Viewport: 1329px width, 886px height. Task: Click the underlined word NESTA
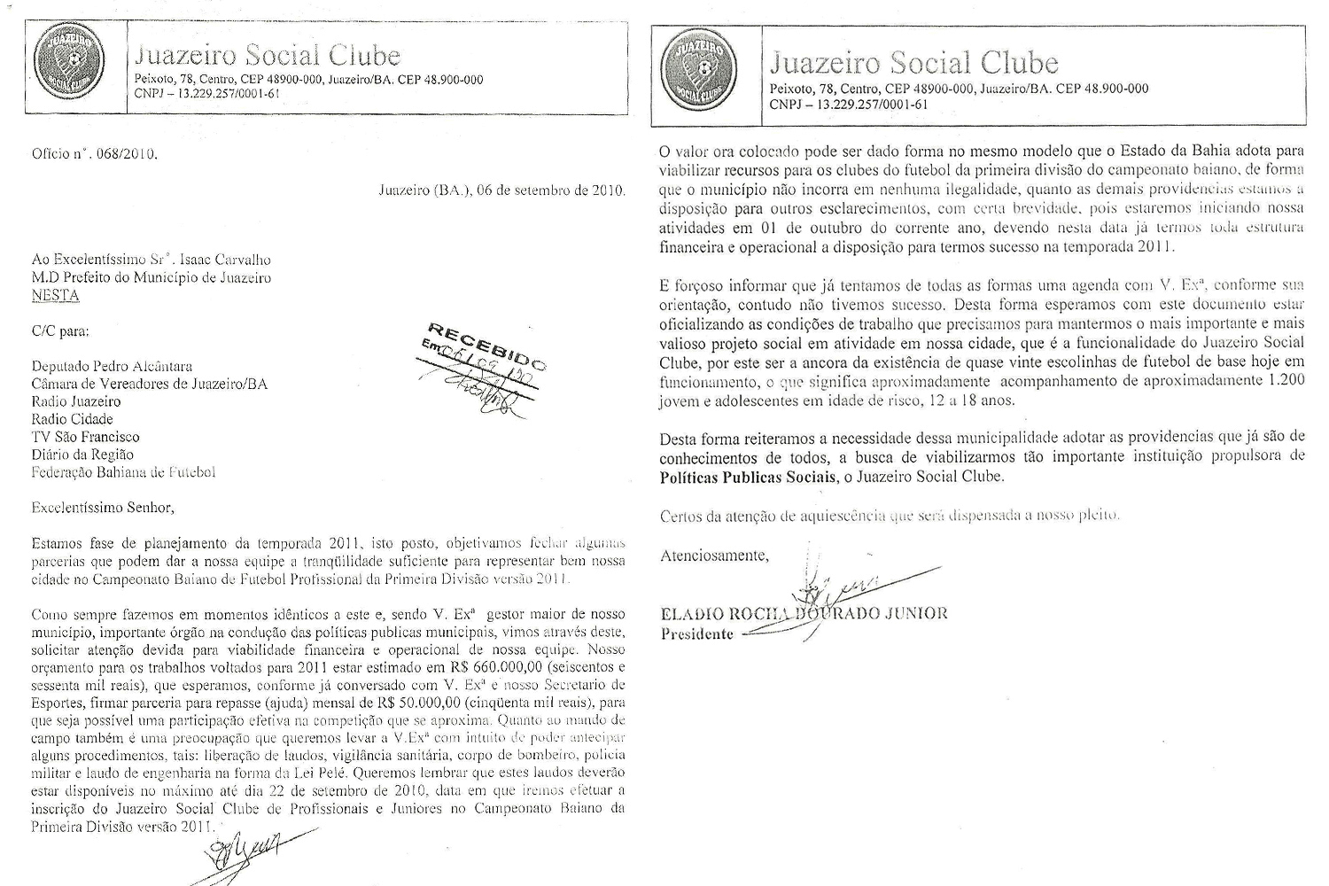(55, 295)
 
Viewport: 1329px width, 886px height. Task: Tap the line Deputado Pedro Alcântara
(112, 366)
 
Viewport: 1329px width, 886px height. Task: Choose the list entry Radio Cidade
(72, 419)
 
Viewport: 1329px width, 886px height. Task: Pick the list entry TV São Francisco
(85, 437)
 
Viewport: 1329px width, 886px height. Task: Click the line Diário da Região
(82, 455)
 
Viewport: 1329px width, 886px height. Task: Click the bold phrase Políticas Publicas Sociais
(748, 477)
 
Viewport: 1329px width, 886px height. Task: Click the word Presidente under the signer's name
(697, 633)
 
